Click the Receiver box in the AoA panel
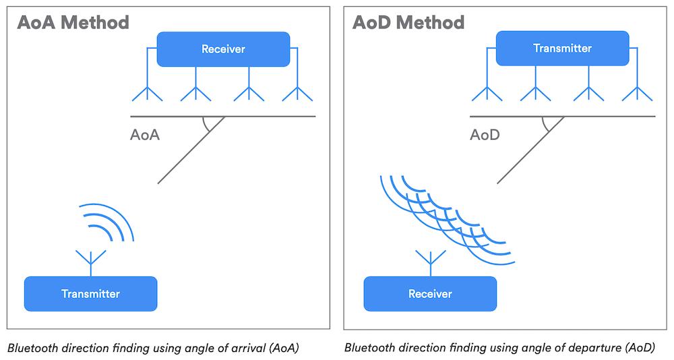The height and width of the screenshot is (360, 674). click(223, 49)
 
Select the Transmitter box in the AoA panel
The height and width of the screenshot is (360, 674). click(90, 293)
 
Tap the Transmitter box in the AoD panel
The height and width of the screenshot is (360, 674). click(562, 49)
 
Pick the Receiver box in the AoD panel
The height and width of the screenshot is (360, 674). click(430, 293)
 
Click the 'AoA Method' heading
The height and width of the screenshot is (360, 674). click(72, 22)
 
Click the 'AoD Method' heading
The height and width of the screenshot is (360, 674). click(408, 22)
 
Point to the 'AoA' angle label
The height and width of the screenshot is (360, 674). click(144, 135)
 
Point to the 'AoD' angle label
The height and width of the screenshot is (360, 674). click(485, 135)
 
